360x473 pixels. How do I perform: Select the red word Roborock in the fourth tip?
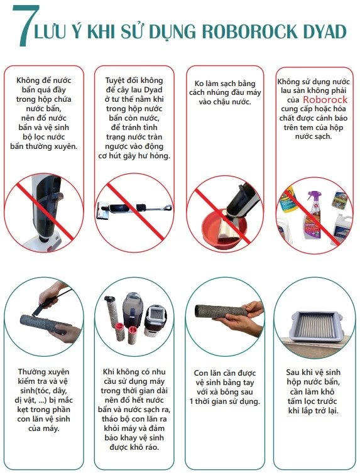coord(325,99)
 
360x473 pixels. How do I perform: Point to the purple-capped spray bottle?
coord(312,214)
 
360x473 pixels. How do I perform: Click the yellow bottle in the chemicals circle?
coord(288,199)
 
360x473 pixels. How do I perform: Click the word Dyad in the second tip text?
coord(153,90)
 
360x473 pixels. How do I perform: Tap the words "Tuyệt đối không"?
coord(134,80)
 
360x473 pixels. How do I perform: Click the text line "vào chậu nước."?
coord(224,102)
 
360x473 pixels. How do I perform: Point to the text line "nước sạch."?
coord(314,136)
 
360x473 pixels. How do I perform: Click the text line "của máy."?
coord(43,428)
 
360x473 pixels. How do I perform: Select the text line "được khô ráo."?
coord(134,447)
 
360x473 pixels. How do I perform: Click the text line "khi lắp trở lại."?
coord(314,411)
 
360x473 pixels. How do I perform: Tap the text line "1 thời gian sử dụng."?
coord(224,401)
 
